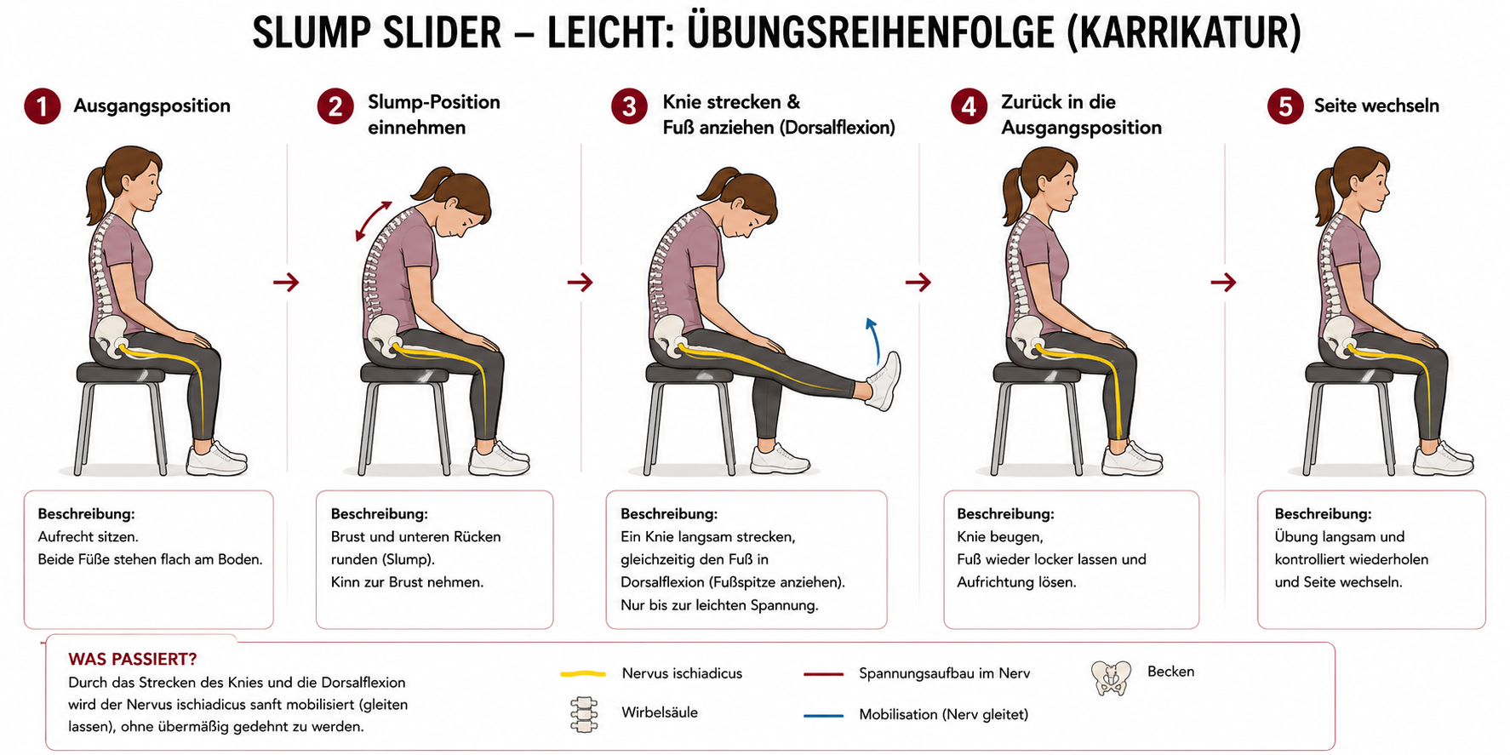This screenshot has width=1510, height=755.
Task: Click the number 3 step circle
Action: [x=629, y=106]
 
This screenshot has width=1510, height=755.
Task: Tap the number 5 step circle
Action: [x=1285, y=106]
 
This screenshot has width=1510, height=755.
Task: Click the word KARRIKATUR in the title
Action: [x=1183, y=32]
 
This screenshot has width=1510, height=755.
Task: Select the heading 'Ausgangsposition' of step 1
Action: [x=152, y=106]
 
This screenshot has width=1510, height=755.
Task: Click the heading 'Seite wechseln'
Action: [x=1376, y=106]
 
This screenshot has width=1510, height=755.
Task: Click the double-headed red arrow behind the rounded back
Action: [x=373, y=221]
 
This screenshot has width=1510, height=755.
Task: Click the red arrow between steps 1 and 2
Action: [x=286, y=282]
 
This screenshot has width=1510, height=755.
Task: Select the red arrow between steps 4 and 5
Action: [x=1223, y=282]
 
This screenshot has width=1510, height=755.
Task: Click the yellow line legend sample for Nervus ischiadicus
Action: [x=583, y=674]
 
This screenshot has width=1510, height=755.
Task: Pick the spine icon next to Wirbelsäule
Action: [x=583, y=714]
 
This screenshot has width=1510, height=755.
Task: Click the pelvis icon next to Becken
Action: [x=1112, y=678]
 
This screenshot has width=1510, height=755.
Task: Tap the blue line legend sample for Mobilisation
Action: [x=823, y=716]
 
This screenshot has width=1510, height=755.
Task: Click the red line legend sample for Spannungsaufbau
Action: [x=823, y=674]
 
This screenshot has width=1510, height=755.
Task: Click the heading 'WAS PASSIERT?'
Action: [x=133, y=659]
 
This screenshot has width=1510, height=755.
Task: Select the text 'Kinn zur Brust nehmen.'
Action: [x=407, y=582]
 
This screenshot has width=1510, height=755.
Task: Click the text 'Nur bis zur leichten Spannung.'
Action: [x=719, y=605]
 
